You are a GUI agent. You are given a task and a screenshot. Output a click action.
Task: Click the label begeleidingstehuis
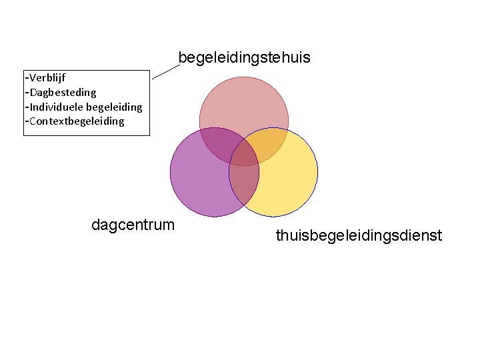tap(244, 59)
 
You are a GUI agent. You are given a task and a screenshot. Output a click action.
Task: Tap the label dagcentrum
tap(133, 225)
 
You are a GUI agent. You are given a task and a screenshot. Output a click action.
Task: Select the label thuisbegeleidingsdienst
tap(359, 235)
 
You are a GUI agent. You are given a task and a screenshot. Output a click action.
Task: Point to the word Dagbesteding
tap(62, 93)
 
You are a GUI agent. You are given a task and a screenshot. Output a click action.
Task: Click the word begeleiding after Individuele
tap(114, 107)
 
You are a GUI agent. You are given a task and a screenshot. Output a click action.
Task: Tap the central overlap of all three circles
tap(244, 155)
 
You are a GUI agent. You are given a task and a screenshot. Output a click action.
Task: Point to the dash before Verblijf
tap(25, 79)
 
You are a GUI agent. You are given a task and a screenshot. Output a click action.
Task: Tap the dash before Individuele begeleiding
tap(25, 107)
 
